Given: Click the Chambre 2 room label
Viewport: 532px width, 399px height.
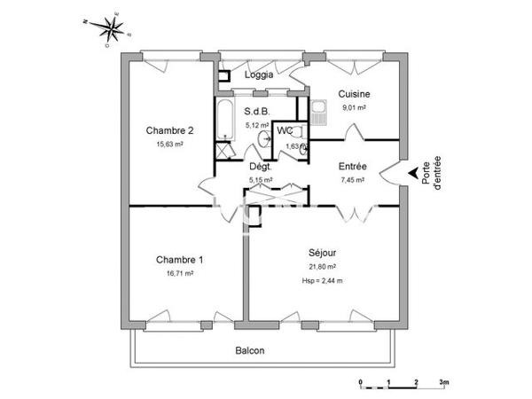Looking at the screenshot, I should pyautogui.click(x=169, y=129).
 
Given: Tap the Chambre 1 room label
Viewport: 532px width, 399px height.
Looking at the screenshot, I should pyautogui.click(x=179, y=260).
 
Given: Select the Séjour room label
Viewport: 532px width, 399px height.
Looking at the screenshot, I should pyautogui.click(x=321, y=252).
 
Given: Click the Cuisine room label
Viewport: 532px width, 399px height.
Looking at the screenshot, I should pyautogui.click(x=354, y=94).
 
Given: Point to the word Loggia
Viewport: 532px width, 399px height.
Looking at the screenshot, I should pyautogui.click(x=259, y=75).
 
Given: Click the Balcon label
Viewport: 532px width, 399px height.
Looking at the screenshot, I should pyautogui.click(x=250, y=350).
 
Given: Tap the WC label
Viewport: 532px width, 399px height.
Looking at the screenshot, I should pyautogui.click(x=285, y=131).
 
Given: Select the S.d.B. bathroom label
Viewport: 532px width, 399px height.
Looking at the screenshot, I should pyautogui.click(x=257, y=113).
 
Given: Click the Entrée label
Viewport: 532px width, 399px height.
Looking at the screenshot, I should pyautogui.click(x=353, y=166).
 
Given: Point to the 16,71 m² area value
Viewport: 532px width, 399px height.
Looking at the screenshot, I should pyautogui.click(x=179, y=274).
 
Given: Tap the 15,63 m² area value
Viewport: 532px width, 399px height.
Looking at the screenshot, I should pyautogui.click(x=169, y=144).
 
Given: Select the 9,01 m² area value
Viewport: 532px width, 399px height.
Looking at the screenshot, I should pyautogui.click(x=354, y=108).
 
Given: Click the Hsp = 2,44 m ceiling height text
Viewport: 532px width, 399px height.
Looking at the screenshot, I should pyautogui.click(x=321, y=281).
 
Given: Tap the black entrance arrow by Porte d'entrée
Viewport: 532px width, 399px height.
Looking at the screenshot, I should pyautogui.click(x=411, y=173).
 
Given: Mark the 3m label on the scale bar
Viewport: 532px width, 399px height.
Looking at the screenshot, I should pyautogui.click(x=444, y=382).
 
